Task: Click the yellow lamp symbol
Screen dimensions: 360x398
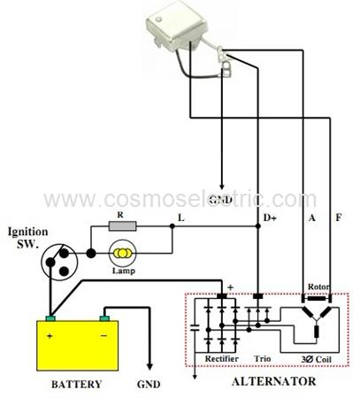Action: [x=122, y=253]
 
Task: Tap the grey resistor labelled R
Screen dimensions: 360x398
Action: [x=123, y=226]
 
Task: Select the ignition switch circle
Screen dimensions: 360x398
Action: [x=59, y=262]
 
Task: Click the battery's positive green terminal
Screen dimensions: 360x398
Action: [x=50, y=318]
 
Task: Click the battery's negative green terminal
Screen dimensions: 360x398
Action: [x=104, y=318]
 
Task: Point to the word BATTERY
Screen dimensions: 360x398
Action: [x=76, y=384]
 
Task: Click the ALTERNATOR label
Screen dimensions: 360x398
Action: [x=273, y=381]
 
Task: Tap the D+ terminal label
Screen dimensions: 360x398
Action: [x=270, y=218]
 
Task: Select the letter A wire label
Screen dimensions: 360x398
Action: [x=312, y=218]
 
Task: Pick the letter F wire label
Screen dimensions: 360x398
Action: [x=339, y=218]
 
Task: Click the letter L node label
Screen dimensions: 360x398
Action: [x=181, y=218]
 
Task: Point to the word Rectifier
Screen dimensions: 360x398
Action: [x=222, y=359]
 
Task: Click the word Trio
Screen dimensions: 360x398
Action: [x=263, y=359]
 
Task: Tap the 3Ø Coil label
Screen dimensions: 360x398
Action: [x=317, y=359]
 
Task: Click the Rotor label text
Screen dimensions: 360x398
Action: [x=318, y=287]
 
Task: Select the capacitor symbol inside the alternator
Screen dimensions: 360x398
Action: [x=195, y=327]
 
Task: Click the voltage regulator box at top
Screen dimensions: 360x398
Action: [x=177, y=28]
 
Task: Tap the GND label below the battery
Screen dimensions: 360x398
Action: [x=149, y=384]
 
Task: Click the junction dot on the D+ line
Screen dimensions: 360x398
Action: [x=258, y=226]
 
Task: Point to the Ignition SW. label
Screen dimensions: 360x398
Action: [x=28, y=238]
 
